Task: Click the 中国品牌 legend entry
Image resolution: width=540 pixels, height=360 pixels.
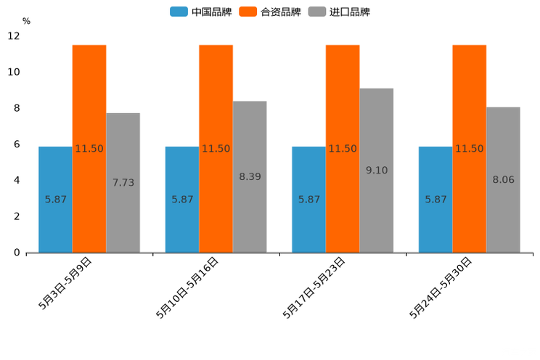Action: coord(200,12)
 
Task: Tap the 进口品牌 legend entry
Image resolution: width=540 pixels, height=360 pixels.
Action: coord(339,12)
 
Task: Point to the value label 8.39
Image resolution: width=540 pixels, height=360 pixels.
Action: coord(250,176)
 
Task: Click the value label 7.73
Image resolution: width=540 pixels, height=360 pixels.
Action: coord(123,183)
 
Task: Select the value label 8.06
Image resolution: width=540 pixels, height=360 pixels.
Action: coord(503,179)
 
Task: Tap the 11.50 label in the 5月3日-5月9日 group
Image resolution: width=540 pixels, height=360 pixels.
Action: coord(89,149)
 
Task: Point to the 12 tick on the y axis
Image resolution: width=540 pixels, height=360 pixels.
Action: coord(14,36)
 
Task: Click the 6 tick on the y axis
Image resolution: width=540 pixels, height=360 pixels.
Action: coord(17,144)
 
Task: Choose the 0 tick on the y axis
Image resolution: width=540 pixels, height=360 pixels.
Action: coord(17,253)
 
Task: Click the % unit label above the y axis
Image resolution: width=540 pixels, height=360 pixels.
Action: coord(26,21)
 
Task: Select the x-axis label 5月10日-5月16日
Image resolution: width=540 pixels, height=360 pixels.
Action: coord(187,287)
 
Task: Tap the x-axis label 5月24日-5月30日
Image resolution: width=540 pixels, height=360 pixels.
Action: coord(441,287)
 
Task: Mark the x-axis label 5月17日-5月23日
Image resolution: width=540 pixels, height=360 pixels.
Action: coord(314,287)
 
